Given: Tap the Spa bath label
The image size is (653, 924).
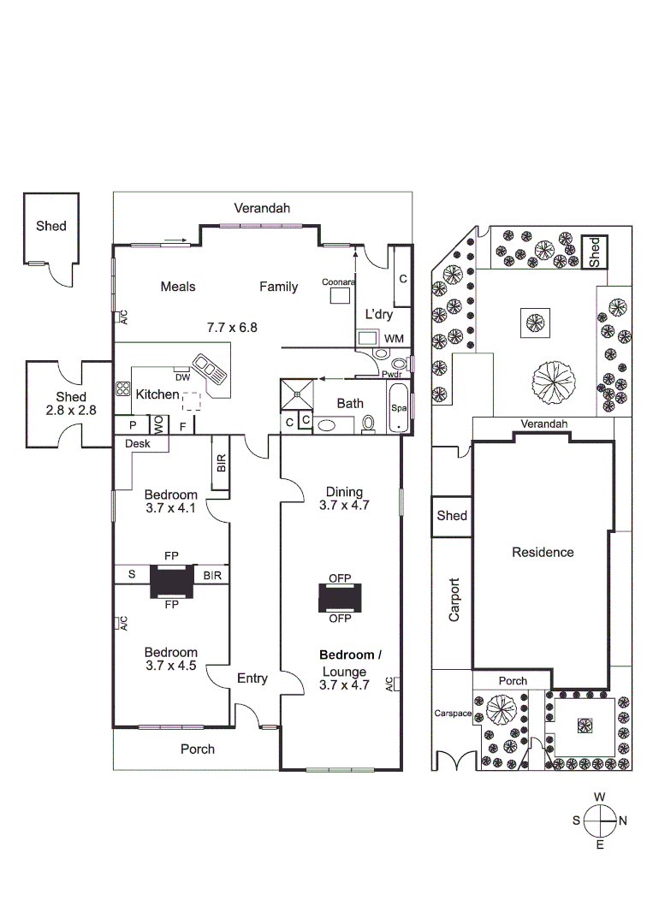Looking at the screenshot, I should point(398,409).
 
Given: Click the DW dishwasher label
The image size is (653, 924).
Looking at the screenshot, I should point(181,377).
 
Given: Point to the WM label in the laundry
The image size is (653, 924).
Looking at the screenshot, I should point(393,339).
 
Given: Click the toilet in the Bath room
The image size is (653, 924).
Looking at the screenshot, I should point(369,422).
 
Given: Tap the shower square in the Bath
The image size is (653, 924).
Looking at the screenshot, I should point(296,394).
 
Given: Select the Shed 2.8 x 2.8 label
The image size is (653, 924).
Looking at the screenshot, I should point(71,403).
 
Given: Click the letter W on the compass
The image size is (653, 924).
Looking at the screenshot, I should point(600,797).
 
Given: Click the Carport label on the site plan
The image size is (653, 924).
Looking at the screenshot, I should point(454,600).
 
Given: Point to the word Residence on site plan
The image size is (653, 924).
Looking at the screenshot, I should point(543,552).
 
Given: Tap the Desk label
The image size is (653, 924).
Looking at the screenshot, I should point(137,444).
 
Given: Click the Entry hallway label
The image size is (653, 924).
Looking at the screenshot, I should point(252,678).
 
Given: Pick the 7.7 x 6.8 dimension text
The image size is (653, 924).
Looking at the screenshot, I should point(232,327).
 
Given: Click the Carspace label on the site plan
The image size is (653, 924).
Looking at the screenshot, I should point(453,713).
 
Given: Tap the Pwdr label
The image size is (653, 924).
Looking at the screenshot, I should point(391,374).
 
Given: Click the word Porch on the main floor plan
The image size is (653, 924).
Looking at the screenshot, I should point(198,749).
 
